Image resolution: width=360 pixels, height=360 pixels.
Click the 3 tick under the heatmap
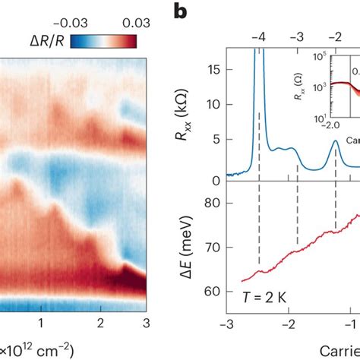click(x=145, y=324)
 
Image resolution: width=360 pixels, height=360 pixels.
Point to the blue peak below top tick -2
click(x=336, y=141)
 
